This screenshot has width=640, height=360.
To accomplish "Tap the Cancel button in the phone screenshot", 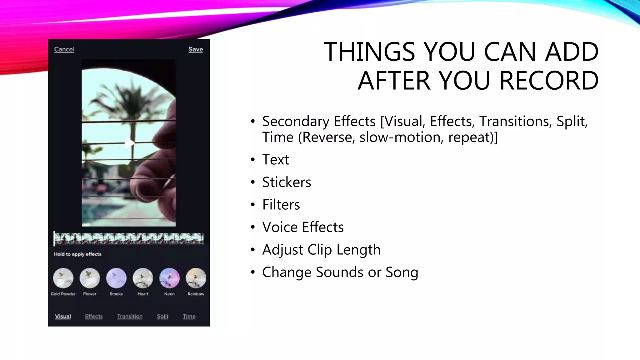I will point(64,49).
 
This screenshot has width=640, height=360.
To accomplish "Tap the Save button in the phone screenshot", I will point(196,49).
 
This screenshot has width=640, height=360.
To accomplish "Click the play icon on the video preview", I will point(129,143).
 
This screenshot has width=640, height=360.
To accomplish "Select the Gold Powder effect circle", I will point(63,278).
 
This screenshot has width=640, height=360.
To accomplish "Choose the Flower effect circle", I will point(90,278).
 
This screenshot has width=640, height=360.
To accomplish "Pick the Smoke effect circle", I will point(116,278).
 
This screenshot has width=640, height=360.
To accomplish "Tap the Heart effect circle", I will point(143,278).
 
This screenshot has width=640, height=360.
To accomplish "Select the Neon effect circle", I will point(169,278).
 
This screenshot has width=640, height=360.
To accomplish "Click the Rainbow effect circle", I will point(196,278).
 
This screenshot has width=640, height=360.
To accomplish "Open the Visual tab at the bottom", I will point(63,316).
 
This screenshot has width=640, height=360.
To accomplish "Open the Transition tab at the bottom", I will point(130,316).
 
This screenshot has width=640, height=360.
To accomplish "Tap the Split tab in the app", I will point(162,316).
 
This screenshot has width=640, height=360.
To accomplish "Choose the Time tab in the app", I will point(189,316).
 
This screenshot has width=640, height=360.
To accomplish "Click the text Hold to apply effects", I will point(77,254).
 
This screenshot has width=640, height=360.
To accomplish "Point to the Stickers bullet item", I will point(287,182).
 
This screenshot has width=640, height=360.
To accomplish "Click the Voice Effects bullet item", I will point(303,227).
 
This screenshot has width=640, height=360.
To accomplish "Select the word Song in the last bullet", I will point(402,272).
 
